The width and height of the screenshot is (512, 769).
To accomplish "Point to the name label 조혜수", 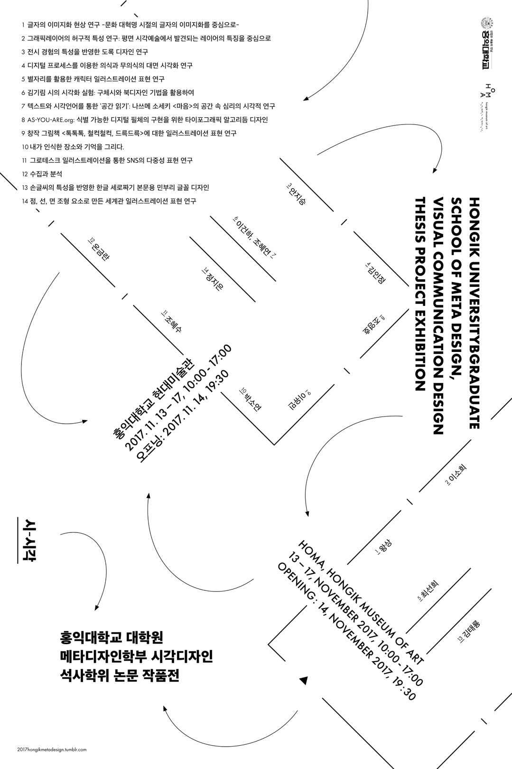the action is pyautogui.click(x=172, y=322).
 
